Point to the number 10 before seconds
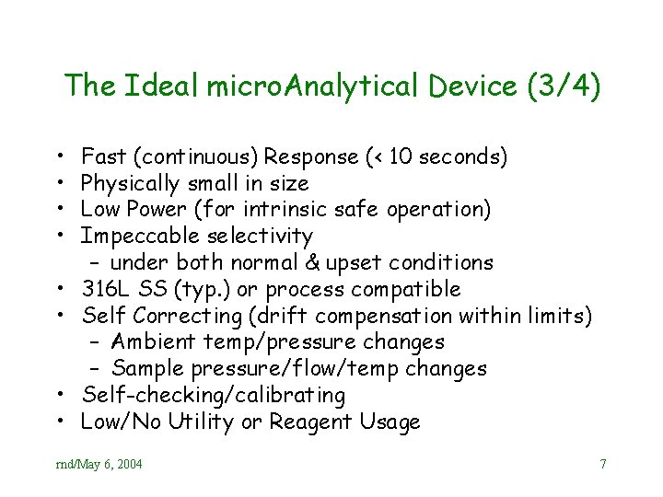pos(401,156)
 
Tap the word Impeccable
pos(139,237)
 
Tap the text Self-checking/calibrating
pos(214,396)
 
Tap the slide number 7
pos(603,465)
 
